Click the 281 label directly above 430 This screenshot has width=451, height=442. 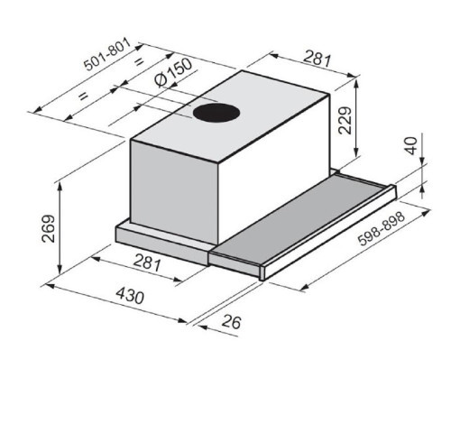click(147, 264)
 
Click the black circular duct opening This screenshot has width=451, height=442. click(216, 115)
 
